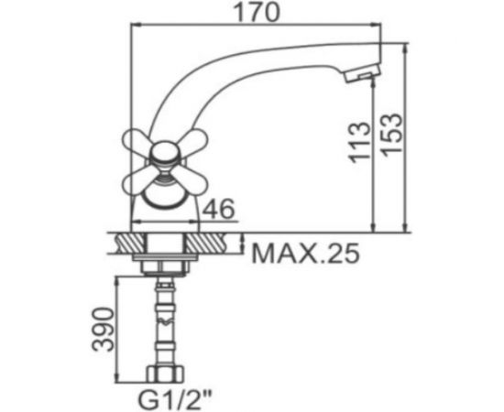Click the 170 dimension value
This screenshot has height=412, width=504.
pos(257,12)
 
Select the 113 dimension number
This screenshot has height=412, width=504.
pos(360,142)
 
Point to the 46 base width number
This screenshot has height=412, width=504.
pos(220,209)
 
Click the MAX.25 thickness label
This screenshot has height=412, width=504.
pos(305,254)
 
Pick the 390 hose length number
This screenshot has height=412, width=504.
pos(104,330)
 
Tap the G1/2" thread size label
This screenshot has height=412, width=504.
pos(176,399)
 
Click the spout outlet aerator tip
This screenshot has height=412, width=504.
pos(363,72)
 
